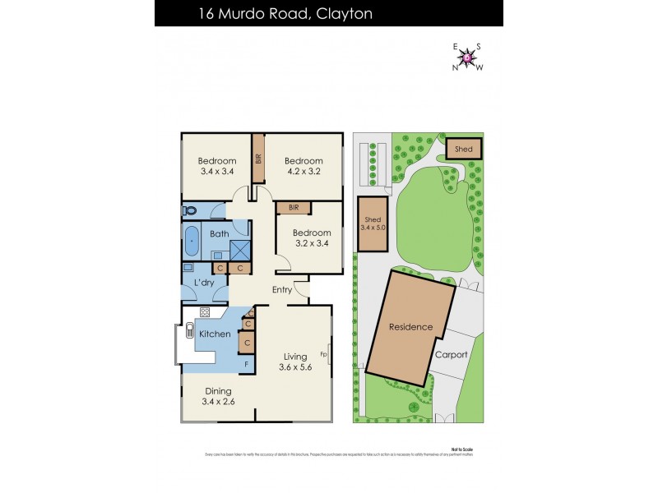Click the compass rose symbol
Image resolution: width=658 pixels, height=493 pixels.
(468, 57)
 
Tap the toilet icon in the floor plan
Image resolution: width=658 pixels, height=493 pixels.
(188, 210)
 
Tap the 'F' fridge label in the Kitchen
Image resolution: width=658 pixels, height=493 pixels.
(245, 364)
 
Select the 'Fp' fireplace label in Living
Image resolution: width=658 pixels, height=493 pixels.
(324, 355)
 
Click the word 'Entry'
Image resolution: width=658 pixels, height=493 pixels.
(282, 289)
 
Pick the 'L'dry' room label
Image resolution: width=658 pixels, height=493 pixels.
(204, 283)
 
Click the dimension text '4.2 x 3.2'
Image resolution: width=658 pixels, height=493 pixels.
(304, 173)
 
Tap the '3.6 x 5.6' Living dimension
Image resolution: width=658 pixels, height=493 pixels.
(295, 368)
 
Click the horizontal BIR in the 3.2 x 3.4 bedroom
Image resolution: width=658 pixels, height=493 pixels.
(293, 208)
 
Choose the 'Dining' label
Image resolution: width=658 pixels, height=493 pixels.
(219, 391)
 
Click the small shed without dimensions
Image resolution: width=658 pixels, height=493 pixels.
(464, 149)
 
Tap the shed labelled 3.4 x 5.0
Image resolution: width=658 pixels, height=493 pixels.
(373, 221)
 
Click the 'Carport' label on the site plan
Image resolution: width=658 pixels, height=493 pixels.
(452, 355)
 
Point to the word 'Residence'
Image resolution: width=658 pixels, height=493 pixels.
(410, 327)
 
